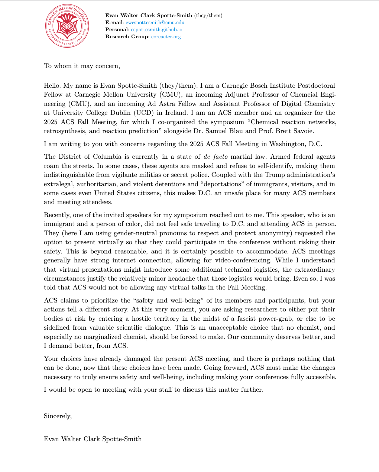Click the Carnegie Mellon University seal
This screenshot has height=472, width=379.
click(x=67, y=26)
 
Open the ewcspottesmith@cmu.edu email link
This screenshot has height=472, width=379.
click(x=155, y=23)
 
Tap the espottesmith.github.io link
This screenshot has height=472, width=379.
click(x=156, y=30)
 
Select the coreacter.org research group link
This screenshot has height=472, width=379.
click(x=166, y=37)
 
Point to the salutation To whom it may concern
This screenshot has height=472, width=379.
click(x=82, y=66)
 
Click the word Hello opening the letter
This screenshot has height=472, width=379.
click(x=52, y=86)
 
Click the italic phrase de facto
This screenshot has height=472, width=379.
click(x=216, y=157)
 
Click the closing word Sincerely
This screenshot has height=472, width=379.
click(x=58, y=416)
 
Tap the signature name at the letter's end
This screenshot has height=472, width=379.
click(x=93, y=439)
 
